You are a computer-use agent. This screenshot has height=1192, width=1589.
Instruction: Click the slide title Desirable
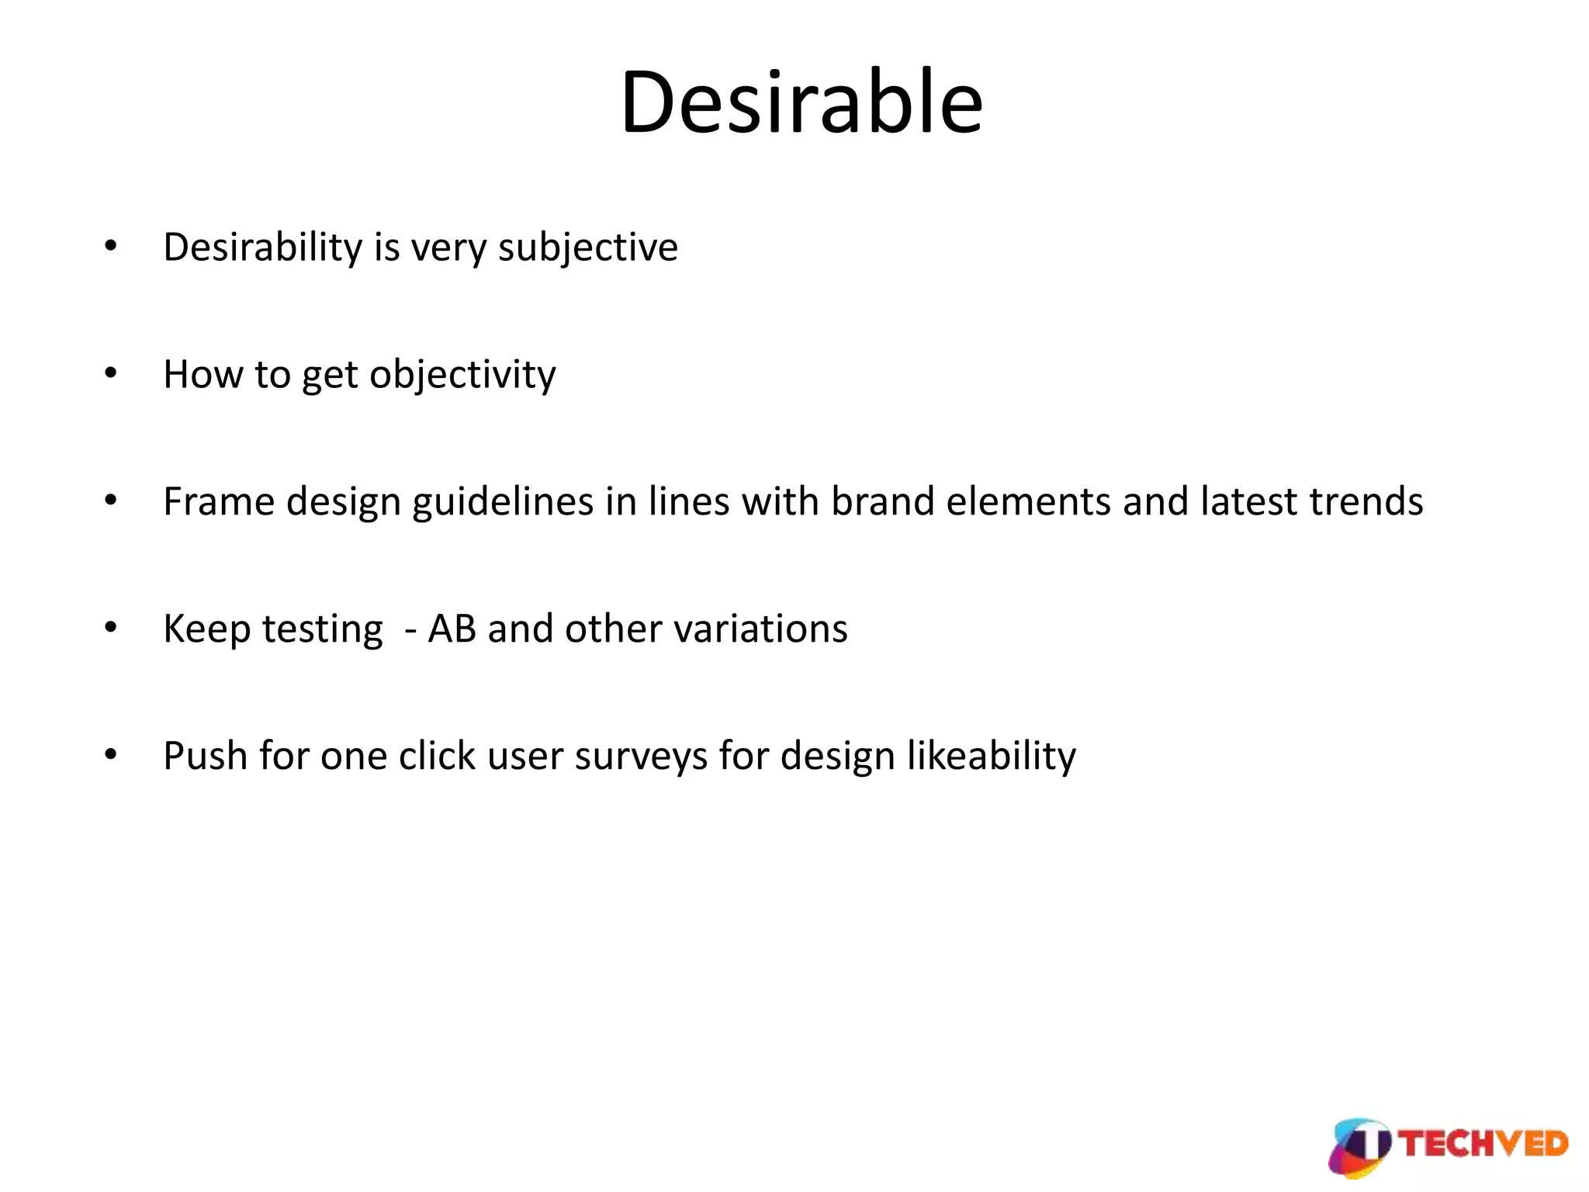point(801,103)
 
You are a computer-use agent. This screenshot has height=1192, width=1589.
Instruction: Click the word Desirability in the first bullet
point(262,248)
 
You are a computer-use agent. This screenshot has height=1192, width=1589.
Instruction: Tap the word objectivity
point(462,376)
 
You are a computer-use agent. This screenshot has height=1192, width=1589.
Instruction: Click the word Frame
point(218,502)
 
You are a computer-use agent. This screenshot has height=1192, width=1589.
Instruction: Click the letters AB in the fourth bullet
point(452,629)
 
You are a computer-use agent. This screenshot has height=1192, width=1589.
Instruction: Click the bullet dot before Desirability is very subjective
point(111,247)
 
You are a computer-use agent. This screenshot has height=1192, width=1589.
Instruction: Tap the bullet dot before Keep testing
point(111,627)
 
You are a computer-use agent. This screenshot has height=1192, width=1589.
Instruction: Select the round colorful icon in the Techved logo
point(1360,1147)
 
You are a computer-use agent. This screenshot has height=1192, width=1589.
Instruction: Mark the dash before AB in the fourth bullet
point(410,631)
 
